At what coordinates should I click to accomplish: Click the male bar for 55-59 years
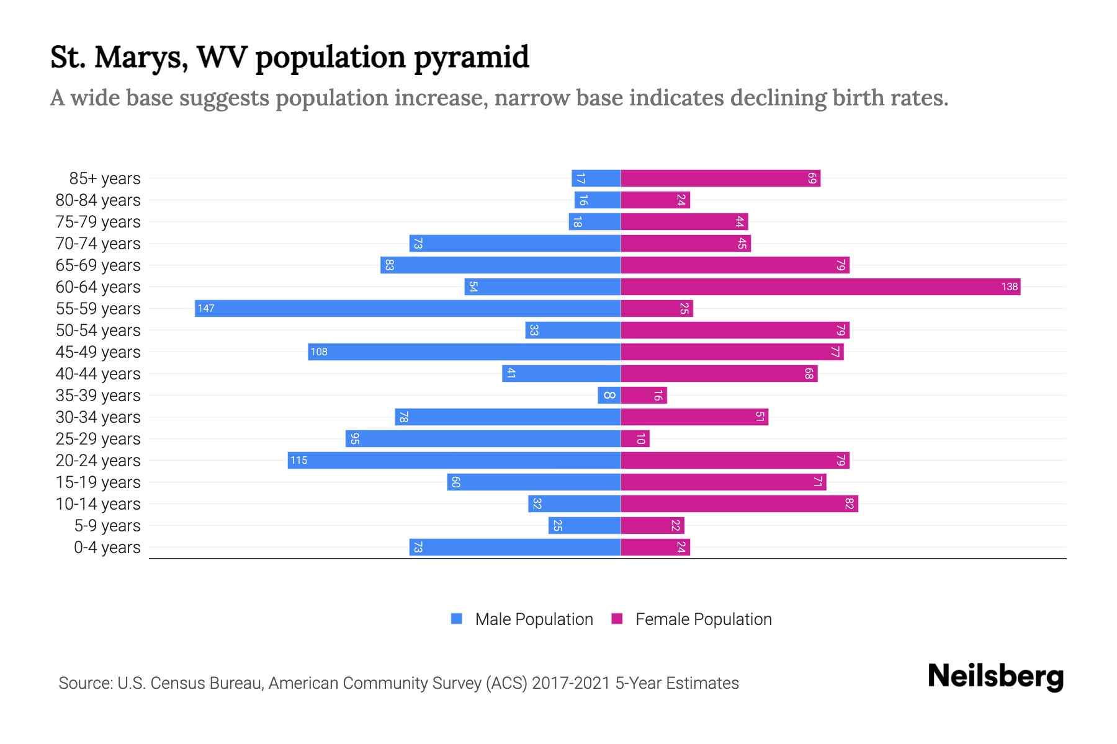(408, 308)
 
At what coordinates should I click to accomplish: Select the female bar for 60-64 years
(820, 286)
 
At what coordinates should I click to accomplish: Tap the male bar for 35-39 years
(609, 395)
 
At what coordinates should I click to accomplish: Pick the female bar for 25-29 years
(635, 438)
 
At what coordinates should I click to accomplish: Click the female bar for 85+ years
(720, 178)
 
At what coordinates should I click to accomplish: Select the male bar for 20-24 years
(454, 460)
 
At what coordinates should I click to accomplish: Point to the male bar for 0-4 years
(515, 547)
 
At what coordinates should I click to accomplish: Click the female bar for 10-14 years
(739, 503)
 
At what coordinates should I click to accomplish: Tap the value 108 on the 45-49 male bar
(319, 352)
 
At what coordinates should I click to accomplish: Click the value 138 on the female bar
(1009, 286)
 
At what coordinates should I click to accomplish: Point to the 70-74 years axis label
(98, 244)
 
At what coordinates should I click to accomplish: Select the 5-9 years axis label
(107, 526)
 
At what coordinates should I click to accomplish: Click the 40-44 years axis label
(98, 374)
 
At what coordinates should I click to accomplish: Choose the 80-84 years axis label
(98, 200)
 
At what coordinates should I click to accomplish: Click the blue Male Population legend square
(457, 619)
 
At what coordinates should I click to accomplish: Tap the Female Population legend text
(703, 619)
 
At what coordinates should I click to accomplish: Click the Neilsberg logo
(995, 676)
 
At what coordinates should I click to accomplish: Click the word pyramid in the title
(471, 58)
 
